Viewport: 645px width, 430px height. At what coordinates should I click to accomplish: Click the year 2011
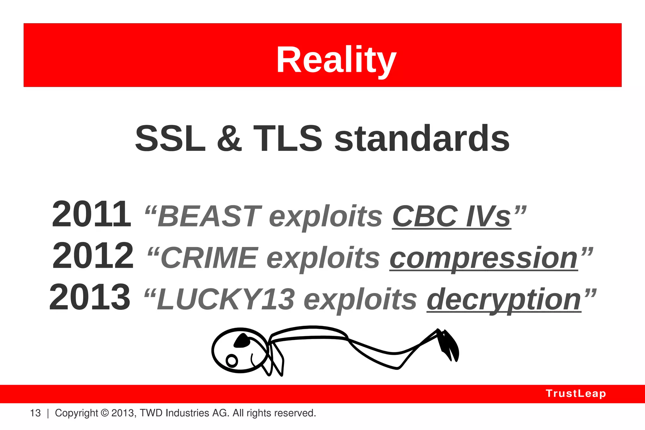pos(91,215)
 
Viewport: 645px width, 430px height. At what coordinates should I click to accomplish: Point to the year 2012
pos(93,256)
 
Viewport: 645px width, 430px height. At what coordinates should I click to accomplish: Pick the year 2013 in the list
pos(90,297)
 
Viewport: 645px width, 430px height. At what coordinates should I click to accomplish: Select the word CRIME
pos(209,258)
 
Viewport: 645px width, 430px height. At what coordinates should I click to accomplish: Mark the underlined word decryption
pos(504,300)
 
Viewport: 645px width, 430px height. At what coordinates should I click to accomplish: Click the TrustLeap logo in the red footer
pos(576,393)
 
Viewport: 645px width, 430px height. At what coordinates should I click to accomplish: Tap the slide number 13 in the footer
pos(35,413)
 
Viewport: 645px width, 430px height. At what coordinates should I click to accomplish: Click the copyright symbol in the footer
pos(105,413)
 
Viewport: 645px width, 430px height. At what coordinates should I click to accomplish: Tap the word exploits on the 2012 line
pos(323,258)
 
